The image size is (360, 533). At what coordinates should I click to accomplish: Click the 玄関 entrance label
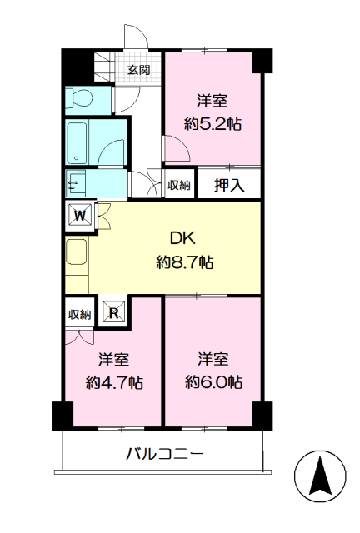tap(139, 70)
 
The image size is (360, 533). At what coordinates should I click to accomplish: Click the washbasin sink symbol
tap(76, 183)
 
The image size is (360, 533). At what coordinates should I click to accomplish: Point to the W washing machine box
tap(80, 216)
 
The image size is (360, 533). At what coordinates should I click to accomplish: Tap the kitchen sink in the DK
tap(77, 252)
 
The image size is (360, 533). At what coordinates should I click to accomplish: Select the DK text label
tap(182, 239)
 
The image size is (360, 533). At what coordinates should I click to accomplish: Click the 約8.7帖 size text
tap(185, 262)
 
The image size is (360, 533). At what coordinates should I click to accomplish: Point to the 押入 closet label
tap(229, 185)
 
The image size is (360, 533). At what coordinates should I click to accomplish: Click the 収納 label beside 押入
tap(178, 185)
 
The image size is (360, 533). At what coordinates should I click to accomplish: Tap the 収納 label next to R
tap(80, 315)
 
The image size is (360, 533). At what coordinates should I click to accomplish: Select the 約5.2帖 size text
tap(212, 124)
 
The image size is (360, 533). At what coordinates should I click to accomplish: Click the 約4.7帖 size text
tap(114, 383)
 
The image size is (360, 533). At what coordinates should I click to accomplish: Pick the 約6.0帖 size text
tap(213, 382)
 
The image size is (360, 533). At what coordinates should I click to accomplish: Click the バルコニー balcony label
tap(165, 454)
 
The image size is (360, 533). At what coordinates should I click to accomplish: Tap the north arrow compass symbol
tap(320, 476)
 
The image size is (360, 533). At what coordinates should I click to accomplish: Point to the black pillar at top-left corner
tap(77, 65)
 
